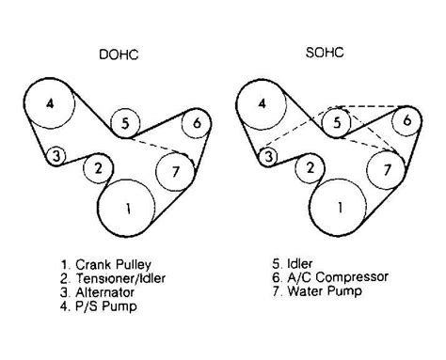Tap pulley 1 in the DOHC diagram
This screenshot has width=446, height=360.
(129, 207)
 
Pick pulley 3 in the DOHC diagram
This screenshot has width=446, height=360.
(58, 155)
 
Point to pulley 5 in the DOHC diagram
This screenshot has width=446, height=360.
(126, 121)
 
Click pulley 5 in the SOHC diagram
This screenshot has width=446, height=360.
(339, 121)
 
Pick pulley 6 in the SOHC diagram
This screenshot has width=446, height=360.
(406, 122)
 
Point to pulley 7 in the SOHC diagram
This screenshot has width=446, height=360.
(385, 170)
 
